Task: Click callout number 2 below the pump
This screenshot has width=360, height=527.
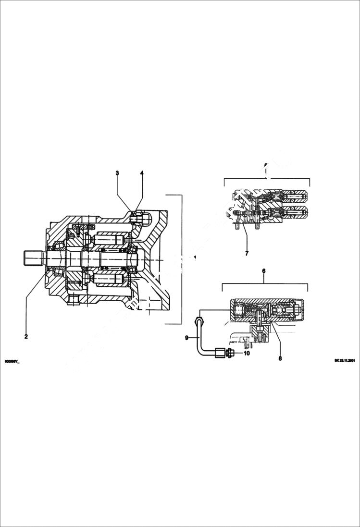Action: (x=26, y=336)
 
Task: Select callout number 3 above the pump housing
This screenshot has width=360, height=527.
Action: (x=117, y=172)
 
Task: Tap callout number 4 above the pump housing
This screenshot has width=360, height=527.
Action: (x=142, y=172)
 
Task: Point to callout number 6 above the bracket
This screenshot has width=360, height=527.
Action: (x=263, y=271)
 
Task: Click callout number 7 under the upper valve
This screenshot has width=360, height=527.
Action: (x=247, y=253)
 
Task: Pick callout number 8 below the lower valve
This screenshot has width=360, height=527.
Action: (x=280, y=357)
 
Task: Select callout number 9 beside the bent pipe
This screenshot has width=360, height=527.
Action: (x=187, y=338)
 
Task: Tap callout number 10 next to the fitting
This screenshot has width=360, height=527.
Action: (x=247, y=353)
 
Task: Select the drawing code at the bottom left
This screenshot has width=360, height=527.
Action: (x=12, y=361)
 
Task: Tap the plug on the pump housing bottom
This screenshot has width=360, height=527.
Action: (x=73, y=301)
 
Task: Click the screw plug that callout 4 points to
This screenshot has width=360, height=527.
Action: (x=137, y=218)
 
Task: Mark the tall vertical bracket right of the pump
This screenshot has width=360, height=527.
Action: (x=181, y=259)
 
